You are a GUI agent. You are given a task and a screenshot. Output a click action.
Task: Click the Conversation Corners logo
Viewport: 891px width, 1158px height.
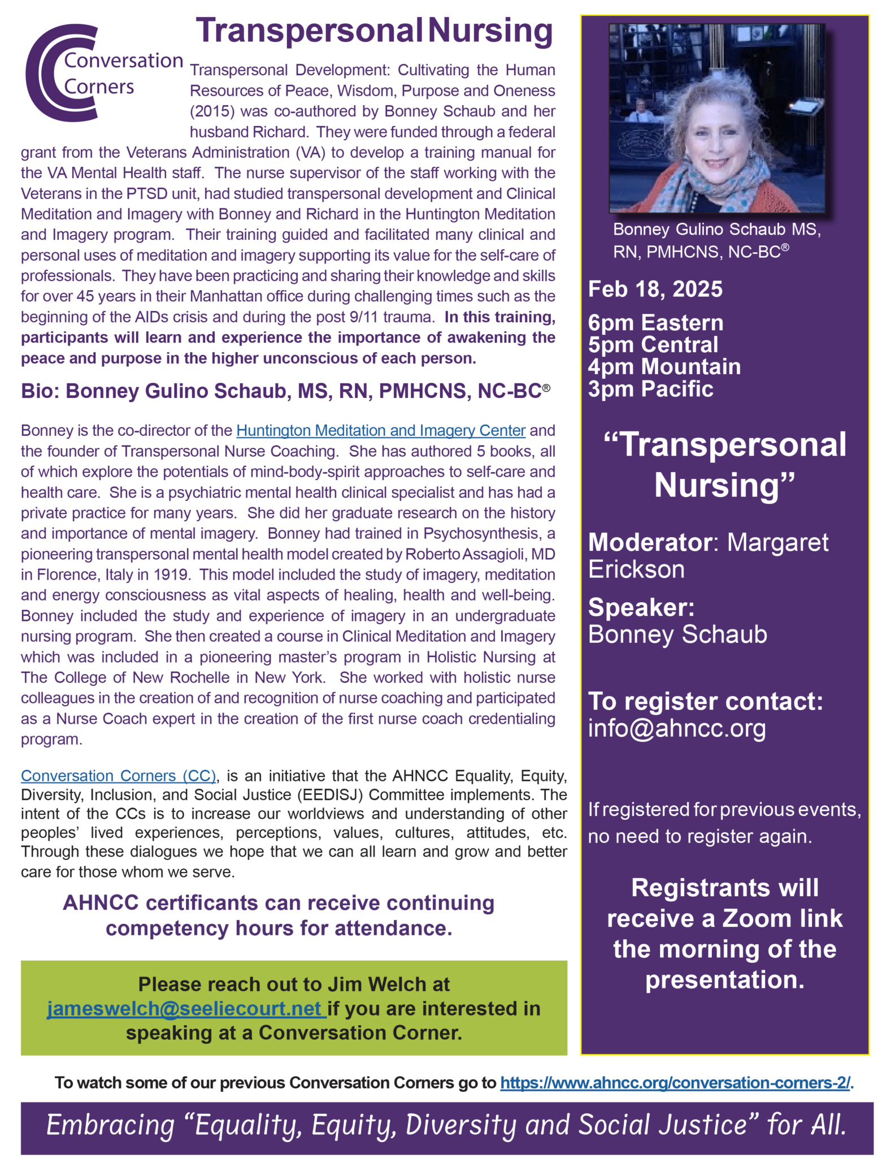tap(102, 73)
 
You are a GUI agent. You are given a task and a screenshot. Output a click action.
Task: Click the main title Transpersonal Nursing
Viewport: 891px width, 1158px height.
tap(374, 31)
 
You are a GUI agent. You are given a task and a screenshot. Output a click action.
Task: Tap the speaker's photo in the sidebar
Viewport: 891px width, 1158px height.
tap(716, 118)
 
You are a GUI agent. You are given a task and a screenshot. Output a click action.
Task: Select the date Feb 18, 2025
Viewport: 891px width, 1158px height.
tap(655, 289)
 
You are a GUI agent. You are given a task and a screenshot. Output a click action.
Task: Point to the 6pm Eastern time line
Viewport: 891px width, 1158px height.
tap(655, 323)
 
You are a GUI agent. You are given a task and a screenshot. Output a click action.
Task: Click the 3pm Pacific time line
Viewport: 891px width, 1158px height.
tap(650, 389)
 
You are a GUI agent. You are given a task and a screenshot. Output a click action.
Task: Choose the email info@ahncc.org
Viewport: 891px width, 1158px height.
tap(677, 728)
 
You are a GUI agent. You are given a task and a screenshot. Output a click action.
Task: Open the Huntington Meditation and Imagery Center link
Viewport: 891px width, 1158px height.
tap(381, 431)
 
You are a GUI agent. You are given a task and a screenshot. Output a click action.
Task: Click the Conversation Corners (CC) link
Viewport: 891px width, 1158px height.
tap(119, 776)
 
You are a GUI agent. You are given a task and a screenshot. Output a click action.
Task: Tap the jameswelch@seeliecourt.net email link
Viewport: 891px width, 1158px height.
tap(186, 1009)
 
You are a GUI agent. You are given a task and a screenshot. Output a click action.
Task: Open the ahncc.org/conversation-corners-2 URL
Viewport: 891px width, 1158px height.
tap(676, 1083)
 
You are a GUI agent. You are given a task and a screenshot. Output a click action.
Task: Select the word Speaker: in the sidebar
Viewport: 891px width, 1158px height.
tap(641, 608)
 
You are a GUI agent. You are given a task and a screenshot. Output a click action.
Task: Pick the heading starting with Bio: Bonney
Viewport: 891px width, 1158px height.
tap(285, 391)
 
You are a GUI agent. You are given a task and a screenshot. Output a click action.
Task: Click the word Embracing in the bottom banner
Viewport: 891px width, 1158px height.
tap(110, 1125)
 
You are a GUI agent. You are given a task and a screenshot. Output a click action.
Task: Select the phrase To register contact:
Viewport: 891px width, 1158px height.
tap(705, 702)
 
